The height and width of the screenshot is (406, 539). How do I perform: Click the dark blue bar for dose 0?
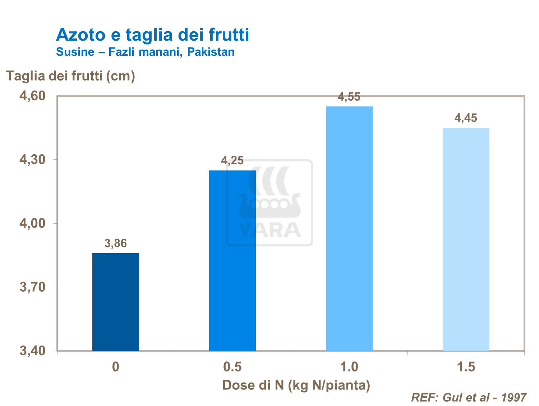click(x=115, y=302)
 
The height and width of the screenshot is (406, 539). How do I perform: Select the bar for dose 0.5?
click(x=232, y=260)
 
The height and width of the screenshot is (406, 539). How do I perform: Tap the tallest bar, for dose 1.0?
click(x=349, y=228)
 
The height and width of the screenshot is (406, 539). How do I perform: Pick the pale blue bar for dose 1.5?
click(x=466, y=239)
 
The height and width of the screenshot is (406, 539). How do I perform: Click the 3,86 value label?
click(x=115, y=243)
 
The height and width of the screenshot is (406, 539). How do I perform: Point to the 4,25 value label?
click(x=232, y=160)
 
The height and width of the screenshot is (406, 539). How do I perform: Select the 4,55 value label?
click(x=349, y=97)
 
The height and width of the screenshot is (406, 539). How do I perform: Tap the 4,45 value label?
click(x=466, y=118)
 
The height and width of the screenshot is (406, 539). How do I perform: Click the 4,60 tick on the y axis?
click(x=32, y=96)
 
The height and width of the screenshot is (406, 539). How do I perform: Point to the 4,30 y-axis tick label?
click(x=32, y=160)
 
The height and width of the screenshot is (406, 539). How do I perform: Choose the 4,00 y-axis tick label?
click(x=32, y=223)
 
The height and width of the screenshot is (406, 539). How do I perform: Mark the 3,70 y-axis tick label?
click(x=32, y=287)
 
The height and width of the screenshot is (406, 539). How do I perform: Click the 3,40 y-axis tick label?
click(x=32, y=351)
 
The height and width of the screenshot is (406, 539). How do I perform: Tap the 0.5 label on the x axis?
click(x=232, y=367)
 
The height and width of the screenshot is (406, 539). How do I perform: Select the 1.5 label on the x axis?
click(x=466, y=367)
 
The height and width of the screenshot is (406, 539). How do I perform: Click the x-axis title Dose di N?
click(x=296, y=385)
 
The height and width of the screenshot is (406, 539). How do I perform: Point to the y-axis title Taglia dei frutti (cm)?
click(x=70, y=76)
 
